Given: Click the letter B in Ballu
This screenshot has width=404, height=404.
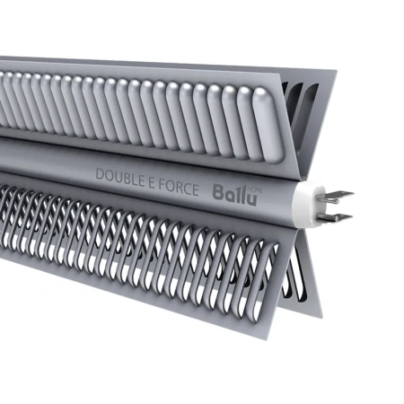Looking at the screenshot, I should click(x=217, y=192).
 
